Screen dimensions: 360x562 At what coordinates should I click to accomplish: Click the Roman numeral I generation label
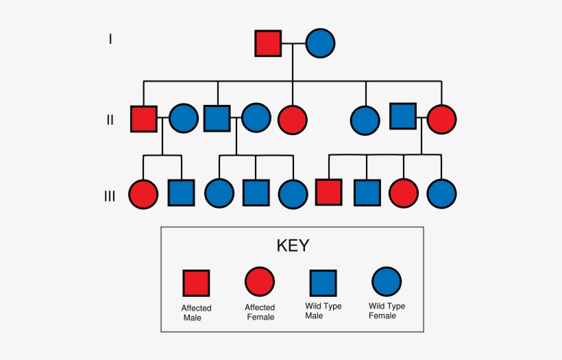click(110, 39)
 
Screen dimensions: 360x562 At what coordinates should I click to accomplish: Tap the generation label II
click(110, 120)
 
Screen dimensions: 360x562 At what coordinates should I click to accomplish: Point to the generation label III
click(110, 196)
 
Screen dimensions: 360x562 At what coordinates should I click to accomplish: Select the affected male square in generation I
click(268, 43)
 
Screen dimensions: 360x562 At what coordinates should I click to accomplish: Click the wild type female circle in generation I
click(320, 43)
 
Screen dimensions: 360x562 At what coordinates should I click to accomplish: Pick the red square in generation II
click(144, 119)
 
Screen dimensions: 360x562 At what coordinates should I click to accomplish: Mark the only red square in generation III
click(328, 193)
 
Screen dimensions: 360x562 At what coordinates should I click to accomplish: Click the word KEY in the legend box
click(293, 245)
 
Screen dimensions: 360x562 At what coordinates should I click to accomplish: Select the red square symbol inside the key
click(196, 283)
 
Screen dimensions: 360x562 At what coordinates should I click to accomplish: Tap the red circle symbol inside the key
click(260, 282)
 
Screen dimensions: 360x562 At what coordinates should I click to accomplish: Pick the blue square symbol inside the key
click(323, 283)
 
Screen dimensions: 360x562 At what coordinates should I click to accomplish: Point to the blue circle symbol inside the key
click(387, 282)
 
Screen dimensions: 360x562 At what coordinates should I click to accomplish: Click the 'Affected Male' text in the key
click(196, 313)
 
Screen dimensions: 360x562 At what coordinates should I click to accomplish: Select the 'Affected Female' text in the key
click(260, 312)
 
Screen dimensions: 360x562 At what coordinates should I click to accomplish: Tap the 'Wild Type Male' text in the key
click(323, 311)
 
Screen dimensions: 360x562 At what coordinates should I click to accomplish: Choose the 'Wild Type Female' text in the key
click(387, 311)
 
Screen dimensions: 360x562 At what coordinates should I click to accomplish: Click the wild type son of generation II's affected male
click(182, 193)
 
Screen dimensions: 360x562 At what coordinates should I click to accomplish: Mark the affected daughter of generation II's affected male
click(143, 193)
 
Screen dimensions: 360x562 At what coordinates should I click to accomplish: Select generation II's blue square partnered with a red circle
click(403, 116)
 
